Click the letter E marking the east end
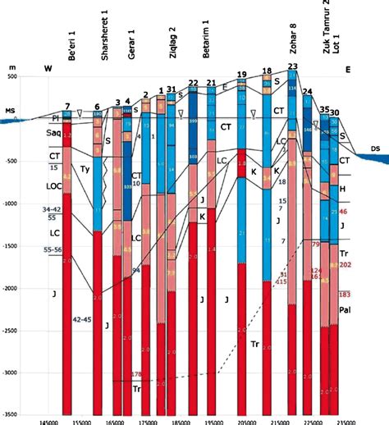pyautogui.click(x=347, y=68)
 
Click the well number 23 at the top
pyautogui.click(x=293, y=66)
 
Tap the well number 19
pyautogui.click(x=241, y=74)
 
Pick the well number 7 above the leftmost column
pyautogui.click(x=66, y=106)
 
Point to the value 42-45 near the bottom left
pyautogui.click(x=83, y=318)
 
